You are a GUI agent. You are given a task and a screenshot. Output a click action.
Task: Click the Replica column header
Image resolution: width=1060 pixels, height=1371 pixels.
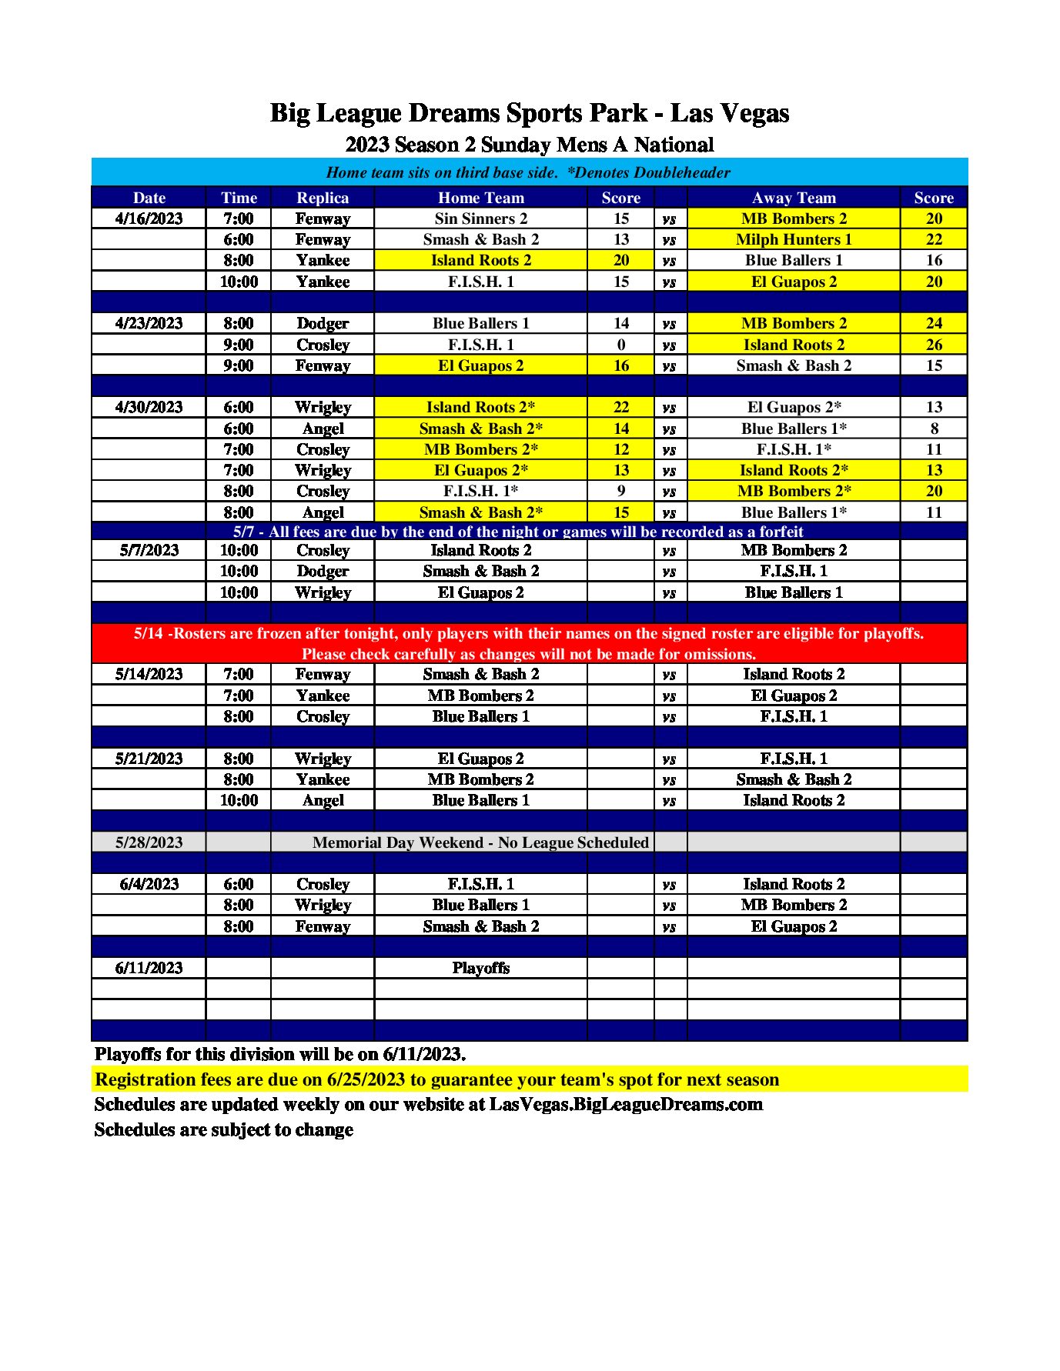click(323, 198)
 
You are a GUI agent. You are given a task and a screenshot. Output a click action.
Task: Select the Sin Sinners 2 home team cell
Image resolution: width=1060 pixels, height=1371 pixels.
click(481, 218)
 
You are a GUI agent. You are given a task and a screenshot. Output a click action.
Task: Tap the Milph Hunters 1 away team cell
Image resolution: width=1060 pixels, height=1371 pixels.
click(794, 239)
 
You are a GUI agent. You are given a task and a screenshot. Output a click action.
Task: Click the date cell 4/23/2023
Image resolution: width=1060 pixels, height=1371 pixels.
click(149, 323)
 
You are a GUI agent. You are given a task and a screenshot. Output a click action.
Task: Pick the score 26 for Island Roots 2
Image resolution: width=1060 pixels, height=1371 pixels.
click(934, 345)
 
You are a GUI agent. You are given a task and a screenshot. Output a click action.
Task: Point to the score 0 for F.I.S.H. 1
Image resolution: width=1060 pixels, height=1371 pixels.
click(621, 345)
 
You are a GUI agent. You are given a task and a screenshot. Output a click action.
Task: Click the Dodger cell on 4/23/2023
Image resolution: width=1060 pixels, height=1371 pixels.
click(323, 323)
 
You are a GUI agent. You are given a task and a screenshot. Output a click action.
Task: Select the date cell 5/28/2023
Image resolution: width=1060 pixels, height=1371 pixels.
click(149, 842)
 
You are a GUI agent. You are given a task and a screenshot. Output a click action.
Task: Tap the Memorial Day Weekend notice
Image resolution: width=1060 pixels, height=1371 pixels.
click(480, 842)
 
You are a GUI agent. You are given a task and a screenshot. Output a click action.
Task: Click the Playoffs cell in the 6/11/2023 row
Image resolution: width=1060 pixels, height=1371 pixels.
click(481, 968)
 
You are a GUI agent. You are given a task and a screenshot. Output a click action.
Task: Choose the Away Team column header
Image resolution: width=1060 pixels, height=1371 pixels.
click(794, 198)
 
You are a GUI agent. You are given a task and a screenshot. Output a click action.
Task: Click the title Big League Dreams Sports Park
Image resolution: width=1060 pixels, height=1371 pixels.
click(530, 113)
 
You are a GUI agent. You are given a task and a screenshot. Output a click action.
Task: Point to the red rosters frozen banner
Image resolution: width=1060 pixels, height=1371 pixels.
click(529, 643)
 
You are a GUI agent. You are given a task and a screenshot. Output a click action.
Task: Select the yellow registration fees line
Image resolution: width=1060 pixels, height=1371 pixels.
click(436, 1079)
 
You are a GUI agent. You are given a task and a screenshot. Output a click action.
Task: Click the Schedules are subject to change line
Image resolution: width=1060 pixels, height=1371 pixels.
click(224, 1129)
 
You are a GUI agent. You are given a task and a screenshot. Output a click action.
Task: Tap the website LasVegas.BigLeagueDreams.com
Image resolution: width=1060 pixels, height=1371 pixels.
click(626, 1105)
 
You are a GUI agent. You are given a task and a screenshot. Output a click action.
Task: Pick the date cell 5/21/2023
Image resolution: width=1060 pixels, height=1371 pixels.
click(149, 759)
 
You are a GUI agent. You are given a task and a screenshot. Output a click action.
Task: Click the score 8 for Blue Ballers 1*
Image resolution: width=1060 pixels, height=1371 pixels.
click(934, 429)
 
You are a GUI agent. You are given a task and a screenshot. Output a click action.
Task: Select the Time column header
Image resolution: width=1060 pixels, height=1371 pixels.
click(239, 198)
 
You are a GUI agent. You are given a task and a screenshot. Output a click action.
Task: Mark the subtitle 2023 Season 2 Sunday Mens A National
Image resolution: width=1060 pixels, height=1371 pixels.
click(530, 145)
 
